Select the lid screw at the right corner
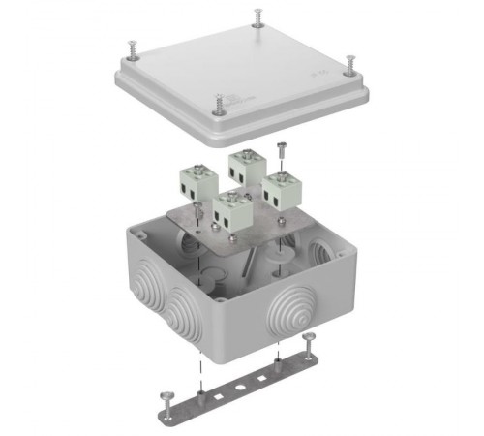(x=350, y=63)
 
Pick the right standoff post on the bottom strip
(x=278, y=364)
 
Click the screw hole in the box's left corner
(x=142, y=235)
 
